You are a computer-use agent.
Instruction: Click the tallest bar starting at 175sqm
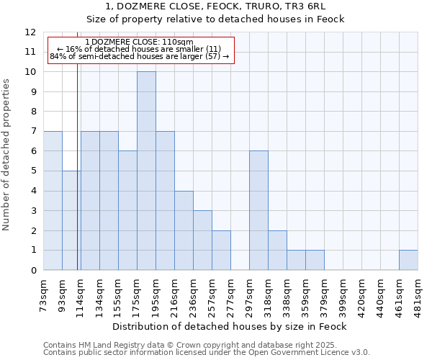click(x=146, y=171)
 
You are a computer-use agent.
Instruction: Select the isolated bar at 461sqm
click(x=408, y=260)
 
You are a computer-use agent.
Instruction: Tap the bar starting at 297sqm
click(x=258, y=210)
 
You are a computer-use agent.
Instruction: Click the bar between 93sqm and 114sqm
click(x=71, y=220)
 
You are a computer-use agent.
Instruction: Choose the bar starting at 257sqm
click(x=221, y=250)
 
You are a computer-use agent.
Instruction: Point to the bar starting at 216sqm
click(x=184, y=230)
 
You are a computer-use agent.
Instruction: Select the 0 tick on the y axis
click(x=33, y=270)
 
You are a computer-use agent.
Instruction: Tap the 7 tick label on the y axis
click(x=33, y=132)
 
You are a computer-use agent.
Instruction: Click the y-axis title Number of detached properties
click(x=7, y=156)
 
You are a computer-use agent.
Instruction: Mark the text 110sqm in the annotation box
click(x=177, y=42)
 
